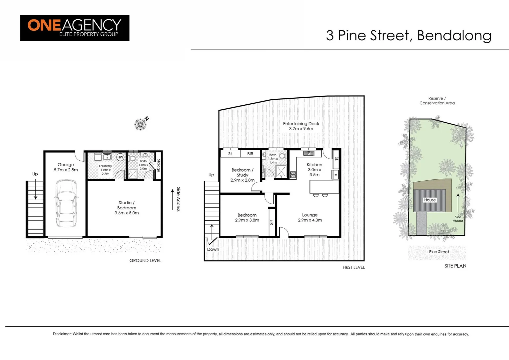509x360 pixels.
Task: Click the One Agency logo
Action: (x=75, y=28)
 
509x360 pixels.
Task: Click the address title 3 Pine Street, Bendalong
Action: (x=408, y=35)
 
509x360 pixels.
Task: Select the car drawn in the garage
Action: (x=66, y=203)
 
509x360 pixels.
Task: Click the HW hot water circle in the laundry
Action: (x=120, y=157)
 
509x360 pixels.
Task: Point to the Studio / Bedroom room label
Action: (x=127, y=207)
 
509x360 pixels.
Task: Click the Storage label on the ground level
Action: (x=159, y=165)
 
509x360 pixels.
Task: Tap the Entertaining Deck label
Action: (x=301, y=126)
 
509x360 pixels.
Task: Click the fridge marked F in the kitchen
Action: (x=335, y=174)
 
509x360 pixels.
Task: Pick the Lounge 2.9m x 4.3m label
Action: (x=310, y=217)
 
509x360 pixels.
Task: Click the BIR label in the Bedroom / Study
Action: (x=250, y=154)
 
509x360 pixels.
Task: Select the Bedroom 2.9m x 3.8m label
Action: (x=247, y=217)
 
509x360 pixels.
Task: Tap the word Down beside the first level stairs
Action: (x=213, y=249)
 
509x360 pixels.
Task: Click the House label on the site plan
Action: (x=430, y=200)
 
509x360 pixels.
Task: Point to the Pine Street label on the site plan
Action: (x=439, y=252)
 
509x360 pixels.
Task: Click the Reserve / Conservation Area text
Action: (x=437, y=101)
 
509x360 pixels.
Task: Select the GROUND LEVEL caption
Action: (x=145, y=260)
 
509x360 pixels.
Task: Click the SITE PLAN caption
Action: (x=455, y=266)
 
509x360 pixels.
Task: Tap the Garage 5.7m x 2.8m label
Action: (x=66, y=167)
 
